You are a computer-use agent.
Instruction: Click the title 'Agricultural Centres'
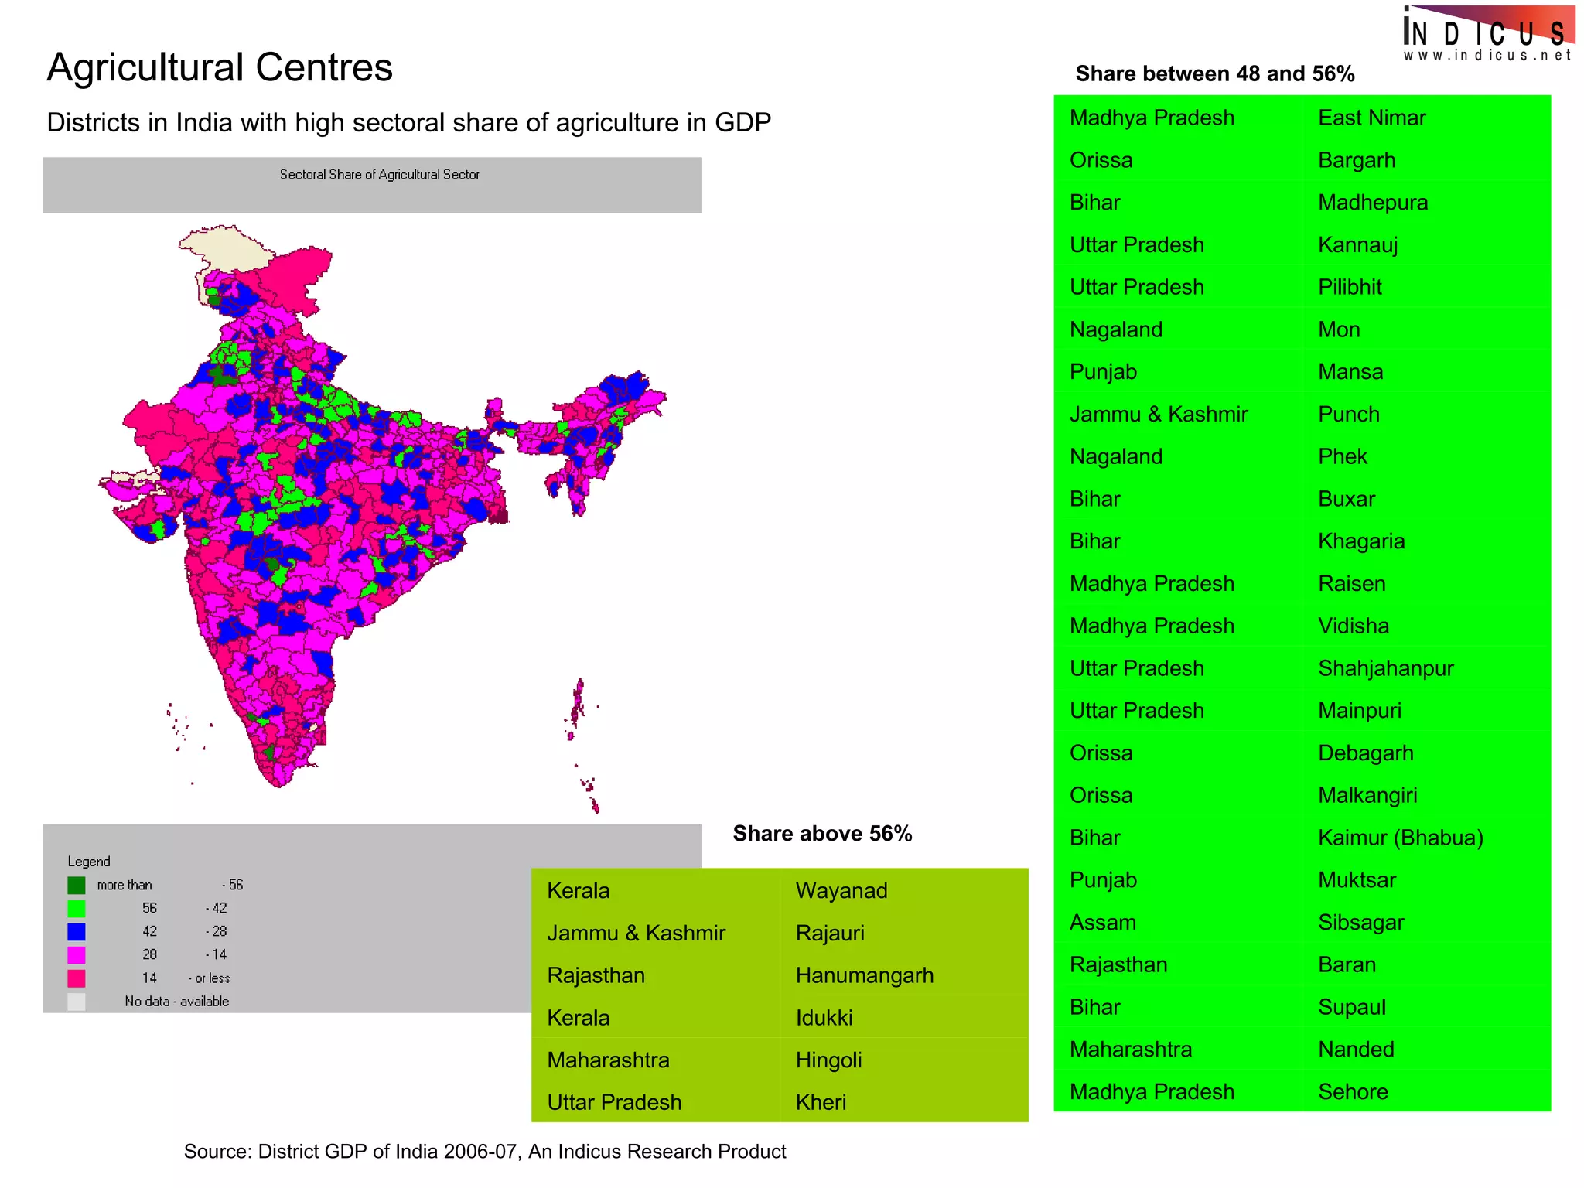[x=220, y=67]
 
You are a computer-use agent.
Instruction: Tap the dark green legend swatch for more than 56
[x=76, y=885]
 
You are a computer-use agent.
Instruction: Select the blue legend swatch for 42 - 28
[x=76, y=931]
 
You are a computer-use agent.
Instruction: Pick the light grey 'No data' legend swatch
[x=76, y=1002]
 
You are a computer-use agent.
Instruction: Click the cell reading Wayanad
[x=841, y=890]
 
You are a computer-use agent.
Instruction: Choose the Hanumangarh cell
[x=864, y=975]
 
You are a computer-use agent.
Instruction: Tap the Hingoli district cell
[x=828, y=1060]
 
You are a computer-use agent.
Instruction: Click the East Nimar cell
[x=1371, y=118]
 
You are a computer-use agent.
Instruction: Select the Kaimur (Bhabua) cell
[x=1400, y=838]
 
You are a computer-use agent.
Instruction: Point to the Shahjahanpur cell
[x=1385, y=668]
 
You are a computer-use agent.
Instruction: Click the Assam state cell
[x=1102, y=922]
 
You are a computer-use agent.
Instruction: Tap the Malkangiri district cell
[x=1367, y=795]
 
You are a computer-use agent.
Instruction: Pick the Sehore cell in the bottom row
[x=1353, y=1091]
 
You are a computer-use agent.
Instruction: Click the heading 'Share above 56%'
[x=822, y=834]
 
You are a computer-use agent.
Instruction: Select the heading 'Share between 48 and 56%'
[x=1214, y=74]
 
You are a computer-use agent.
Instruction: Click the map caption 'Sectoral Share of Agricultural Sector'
[x=379, y=175]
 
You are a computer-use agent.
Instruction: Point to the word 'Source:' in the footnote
[x=217, y=1152]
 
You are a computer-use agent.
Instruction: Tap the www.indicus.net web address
[x=1487, y=56]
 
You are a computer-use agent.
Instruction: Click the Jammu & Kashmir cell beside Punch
[x=1158, y=414]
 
